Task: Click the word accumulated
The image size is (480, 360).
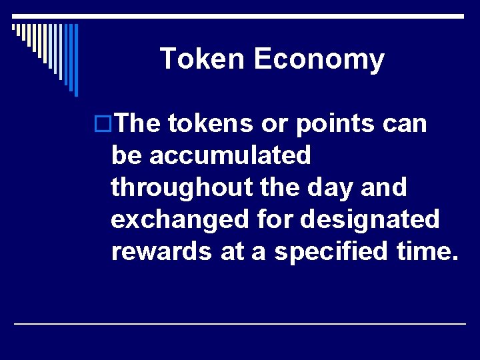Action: pos(230,155)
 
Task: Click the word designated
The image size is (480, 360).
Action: pos(370,219)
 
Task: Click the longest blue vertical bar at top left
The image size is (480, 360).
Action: pos(76,60)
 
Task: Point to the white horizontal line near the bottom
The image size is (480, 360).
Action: pos(240,323)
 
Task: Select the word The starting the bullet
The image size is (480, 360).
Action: pos(137,123)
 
